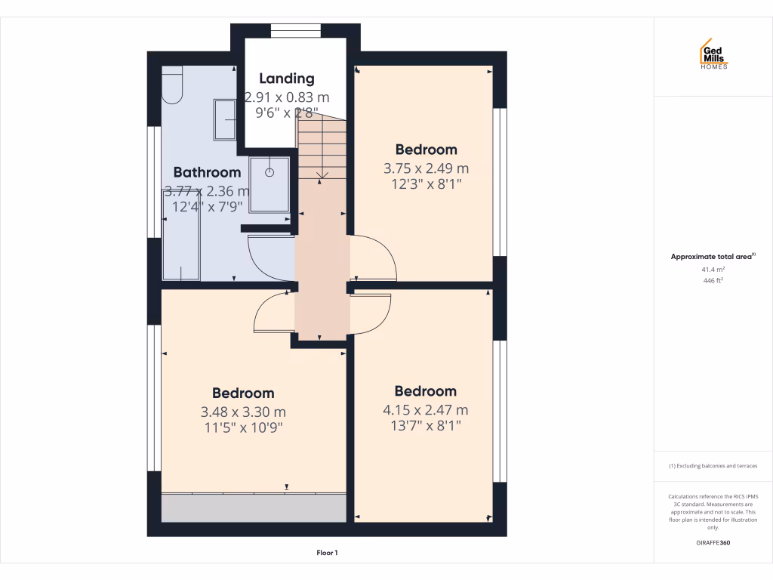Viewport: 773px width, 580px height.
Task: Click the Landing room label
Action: click(286, 78)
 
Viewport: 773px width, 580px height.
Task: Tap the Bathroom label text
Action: click(207, 172)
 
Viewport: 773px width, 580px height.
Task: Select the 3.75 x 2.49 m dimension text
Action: click(427, 168)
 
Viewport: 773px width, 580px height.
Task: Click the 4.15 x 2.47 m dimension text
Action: click(426, 410)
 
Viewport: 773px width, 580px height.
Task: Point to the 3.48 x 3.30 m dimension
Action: click(243, 412)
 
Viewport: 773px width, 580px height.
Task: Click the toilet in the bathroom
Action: click(173, 84)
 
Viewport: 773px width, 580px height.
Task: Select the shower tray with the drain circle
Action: click(269, 184)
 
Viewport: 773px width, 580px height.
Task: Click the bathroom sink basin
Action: click(225, 120)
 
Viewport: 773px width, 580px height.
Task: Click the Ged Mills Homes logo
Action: click(713, 54)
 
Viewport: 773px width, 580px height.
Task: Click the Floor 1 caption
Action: click(327, 554)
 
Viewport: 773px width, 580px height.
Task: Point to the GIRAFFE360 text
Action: click(713, 543)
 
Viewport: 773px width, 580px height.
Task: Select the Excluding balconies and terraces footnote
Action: click(713, 466)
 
